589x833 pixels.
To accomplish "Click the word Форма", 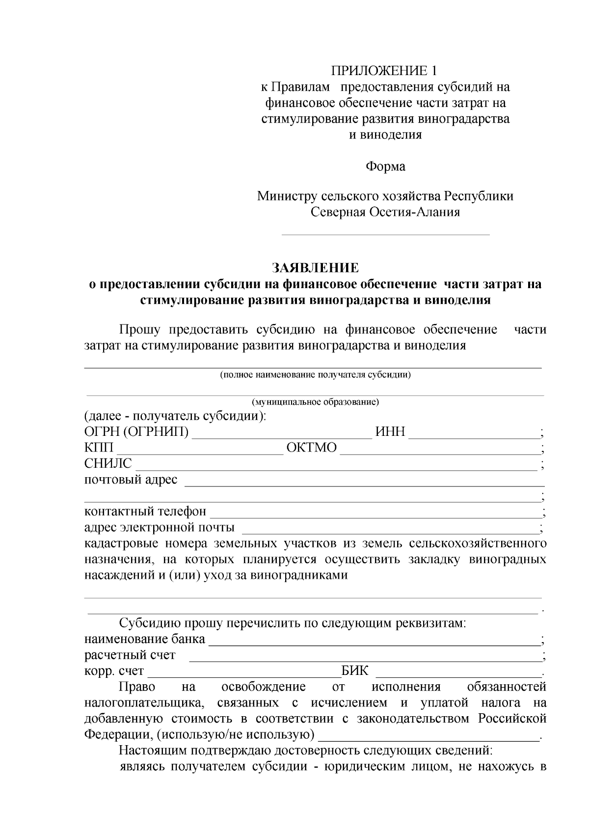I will click(385, 167).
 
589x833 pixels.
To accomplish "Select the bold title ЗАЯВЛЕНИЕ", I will click(316, 268).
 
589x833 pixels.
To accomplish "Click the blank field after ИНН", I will click(474, 433).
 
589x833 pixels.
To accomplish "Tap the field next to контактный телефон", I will click(375, 513).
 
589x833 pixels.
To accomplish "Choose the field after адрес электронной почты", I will click(391, 530).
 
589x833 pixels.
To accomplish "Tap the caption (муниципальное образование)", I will click(315, 403).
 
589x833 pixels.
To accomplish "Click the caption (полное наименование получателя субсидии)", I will click(315, 376).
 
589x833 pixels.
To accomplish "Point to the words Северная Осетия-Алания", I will click(385, 213).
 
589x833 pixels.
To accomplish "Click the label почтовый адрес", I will click(131, 480).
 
